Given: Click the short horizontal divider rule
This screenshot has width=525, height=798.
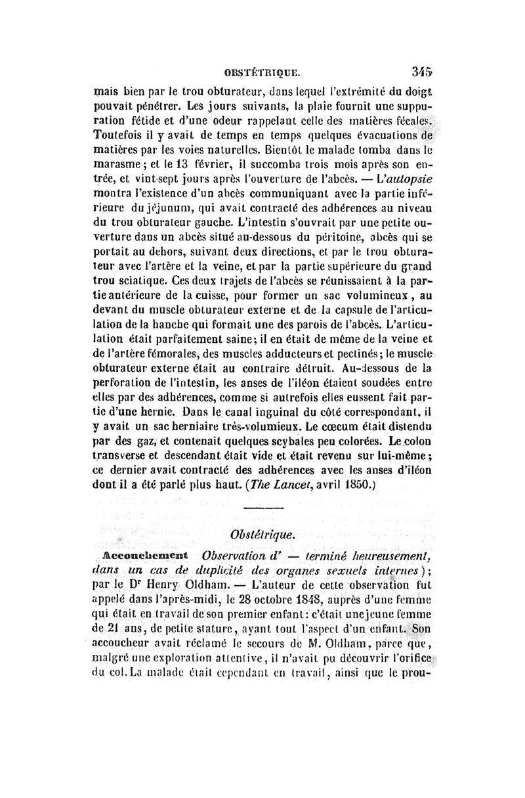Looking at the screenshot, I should pos(262,509).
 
